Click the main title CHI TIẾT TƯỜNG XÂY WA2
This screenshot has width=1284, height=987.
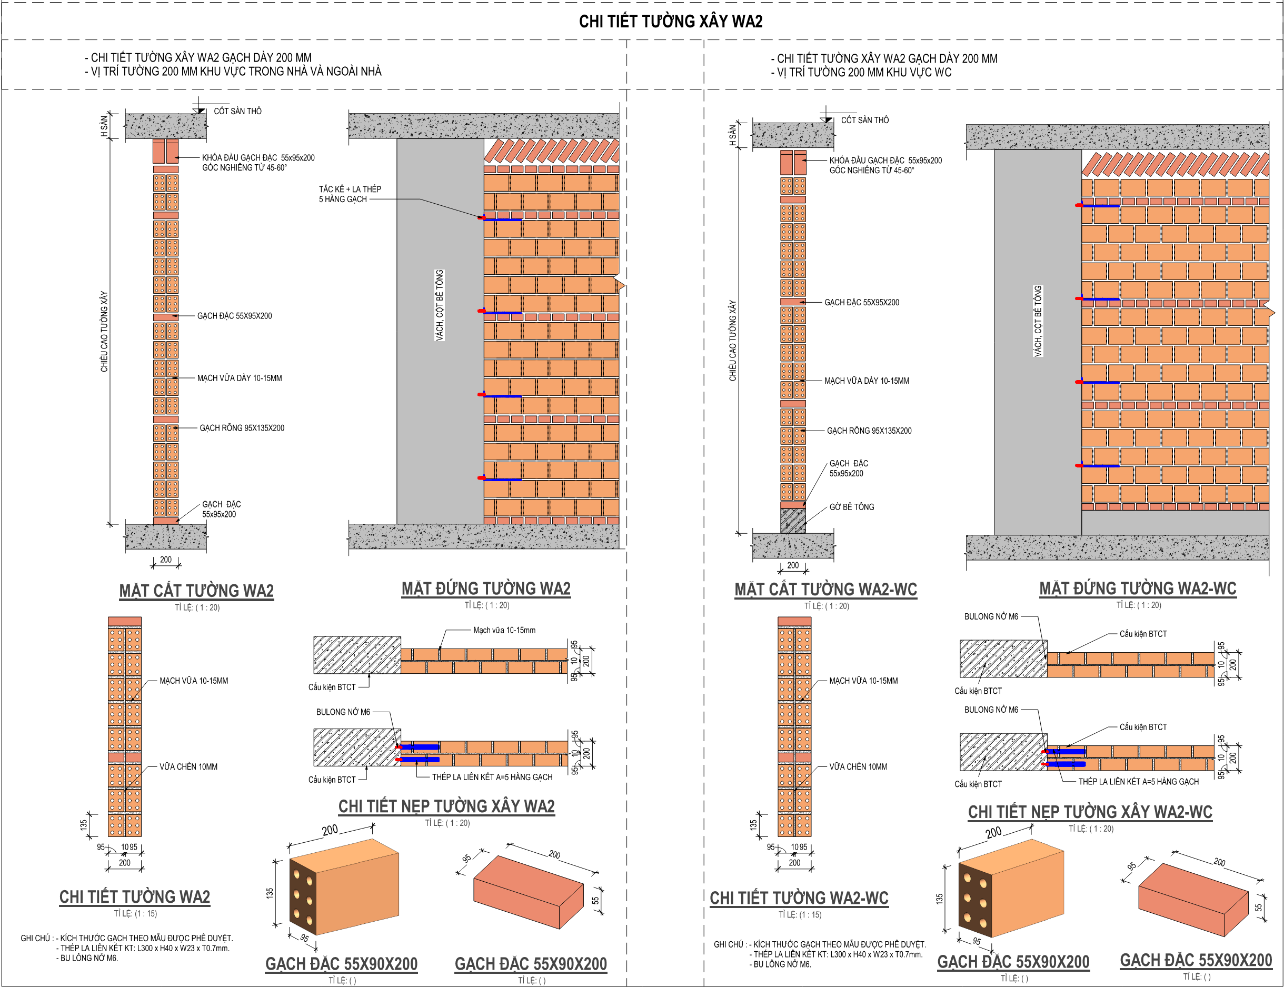tap(671, 22)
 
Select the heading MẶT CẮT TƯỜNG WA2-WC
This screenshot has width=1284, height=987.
tap(825, 589)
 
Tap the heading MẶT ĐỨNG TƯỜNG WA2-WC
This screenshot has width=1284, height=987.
tap(1138, 588)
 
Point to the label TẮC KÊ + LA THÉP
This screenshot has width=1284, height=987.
tap(350, 189)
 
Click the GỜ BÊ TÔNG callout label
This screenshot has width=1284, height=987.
tap(851, 507)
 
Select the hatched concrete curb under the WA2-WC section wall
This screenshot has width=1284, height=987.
tap(793, 521)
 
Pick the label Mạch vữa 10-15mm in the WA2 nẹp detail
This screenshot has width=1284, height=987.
tap(504, 631)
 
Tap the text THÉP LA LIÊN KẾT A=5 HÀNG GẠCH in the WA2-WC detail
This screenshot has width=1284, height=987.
tap(1138, 781)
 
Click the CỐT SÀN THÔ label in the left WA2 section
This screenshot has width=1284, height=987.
tap(237, 111)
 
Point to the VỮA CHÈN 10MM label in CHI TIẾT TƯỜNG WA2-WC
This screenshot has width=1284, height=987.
tap(858, 766)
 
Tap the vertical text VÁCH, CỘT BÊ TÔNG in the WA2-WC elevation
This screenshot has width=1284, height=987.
tap(1038, 321)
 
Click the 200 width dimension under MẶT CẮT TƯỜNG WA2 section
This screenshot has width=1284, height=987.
tap(166, 560)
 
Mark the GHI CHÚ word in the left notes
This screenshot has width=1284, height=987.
tap(35, 938)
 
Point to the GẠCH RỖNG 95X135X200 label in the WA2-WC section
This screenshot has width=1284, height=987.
tap(869, 431)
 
